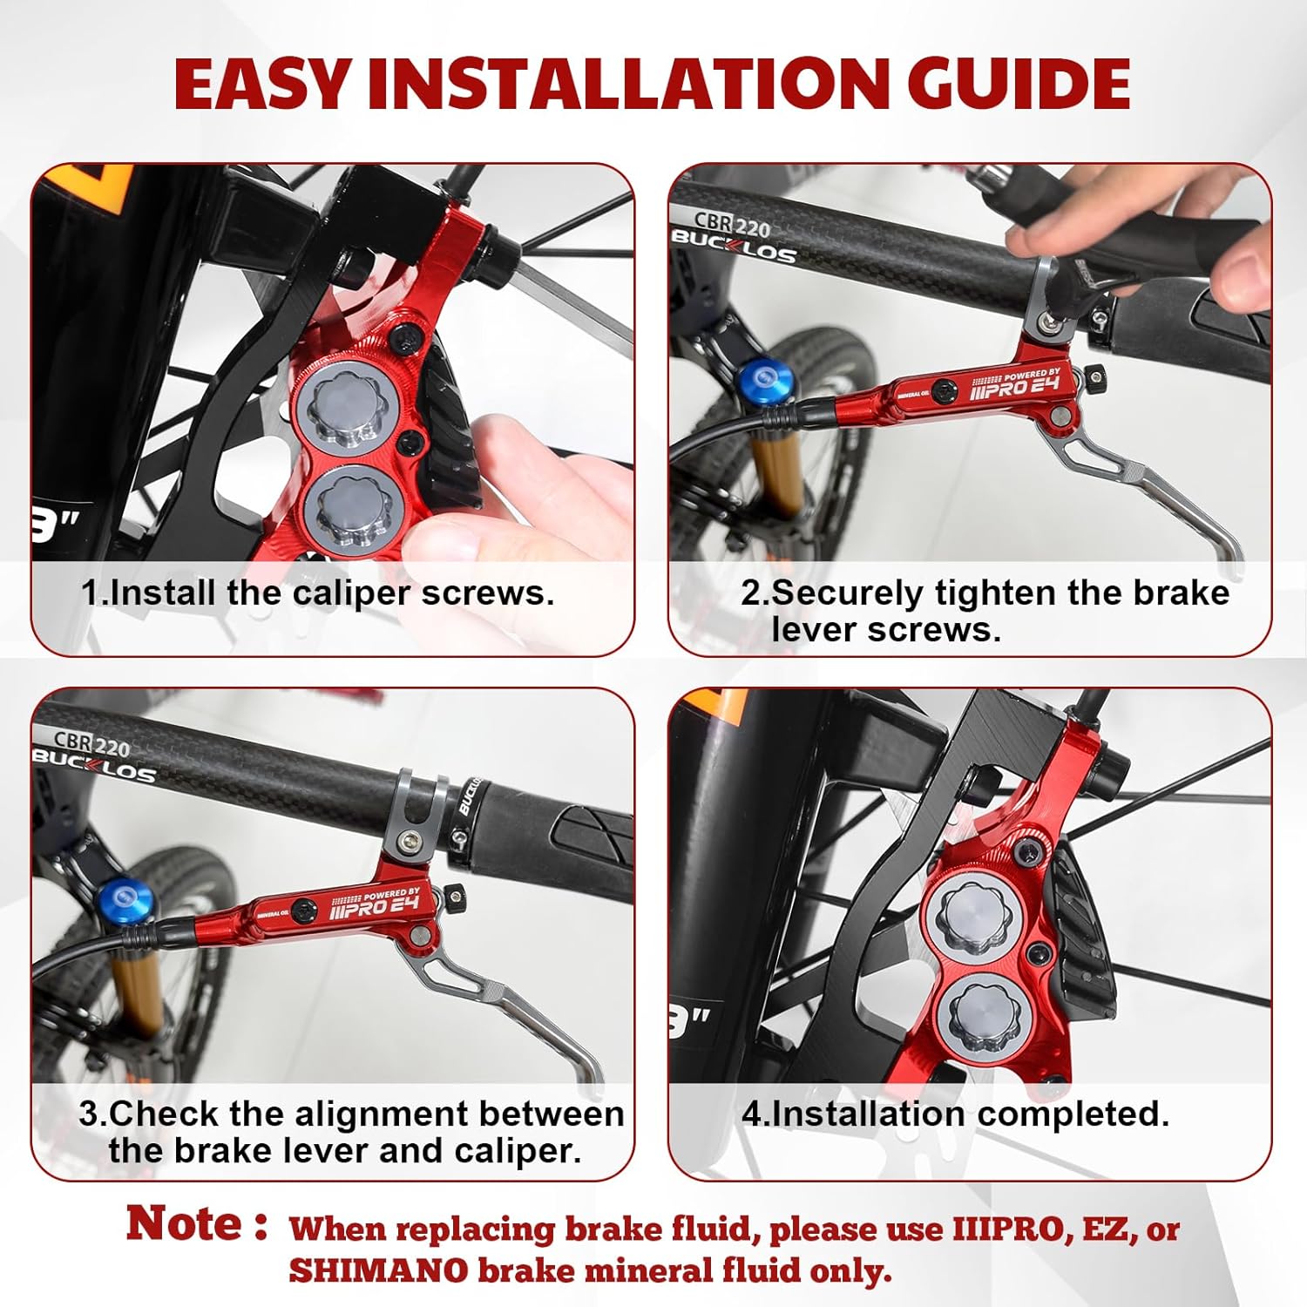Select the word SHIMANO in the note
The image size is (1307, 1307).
pyautogui.click(x=379, y=1270)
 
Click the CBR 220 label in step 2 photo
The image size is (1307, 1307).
pyautogui.click(x=733, y=224)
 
